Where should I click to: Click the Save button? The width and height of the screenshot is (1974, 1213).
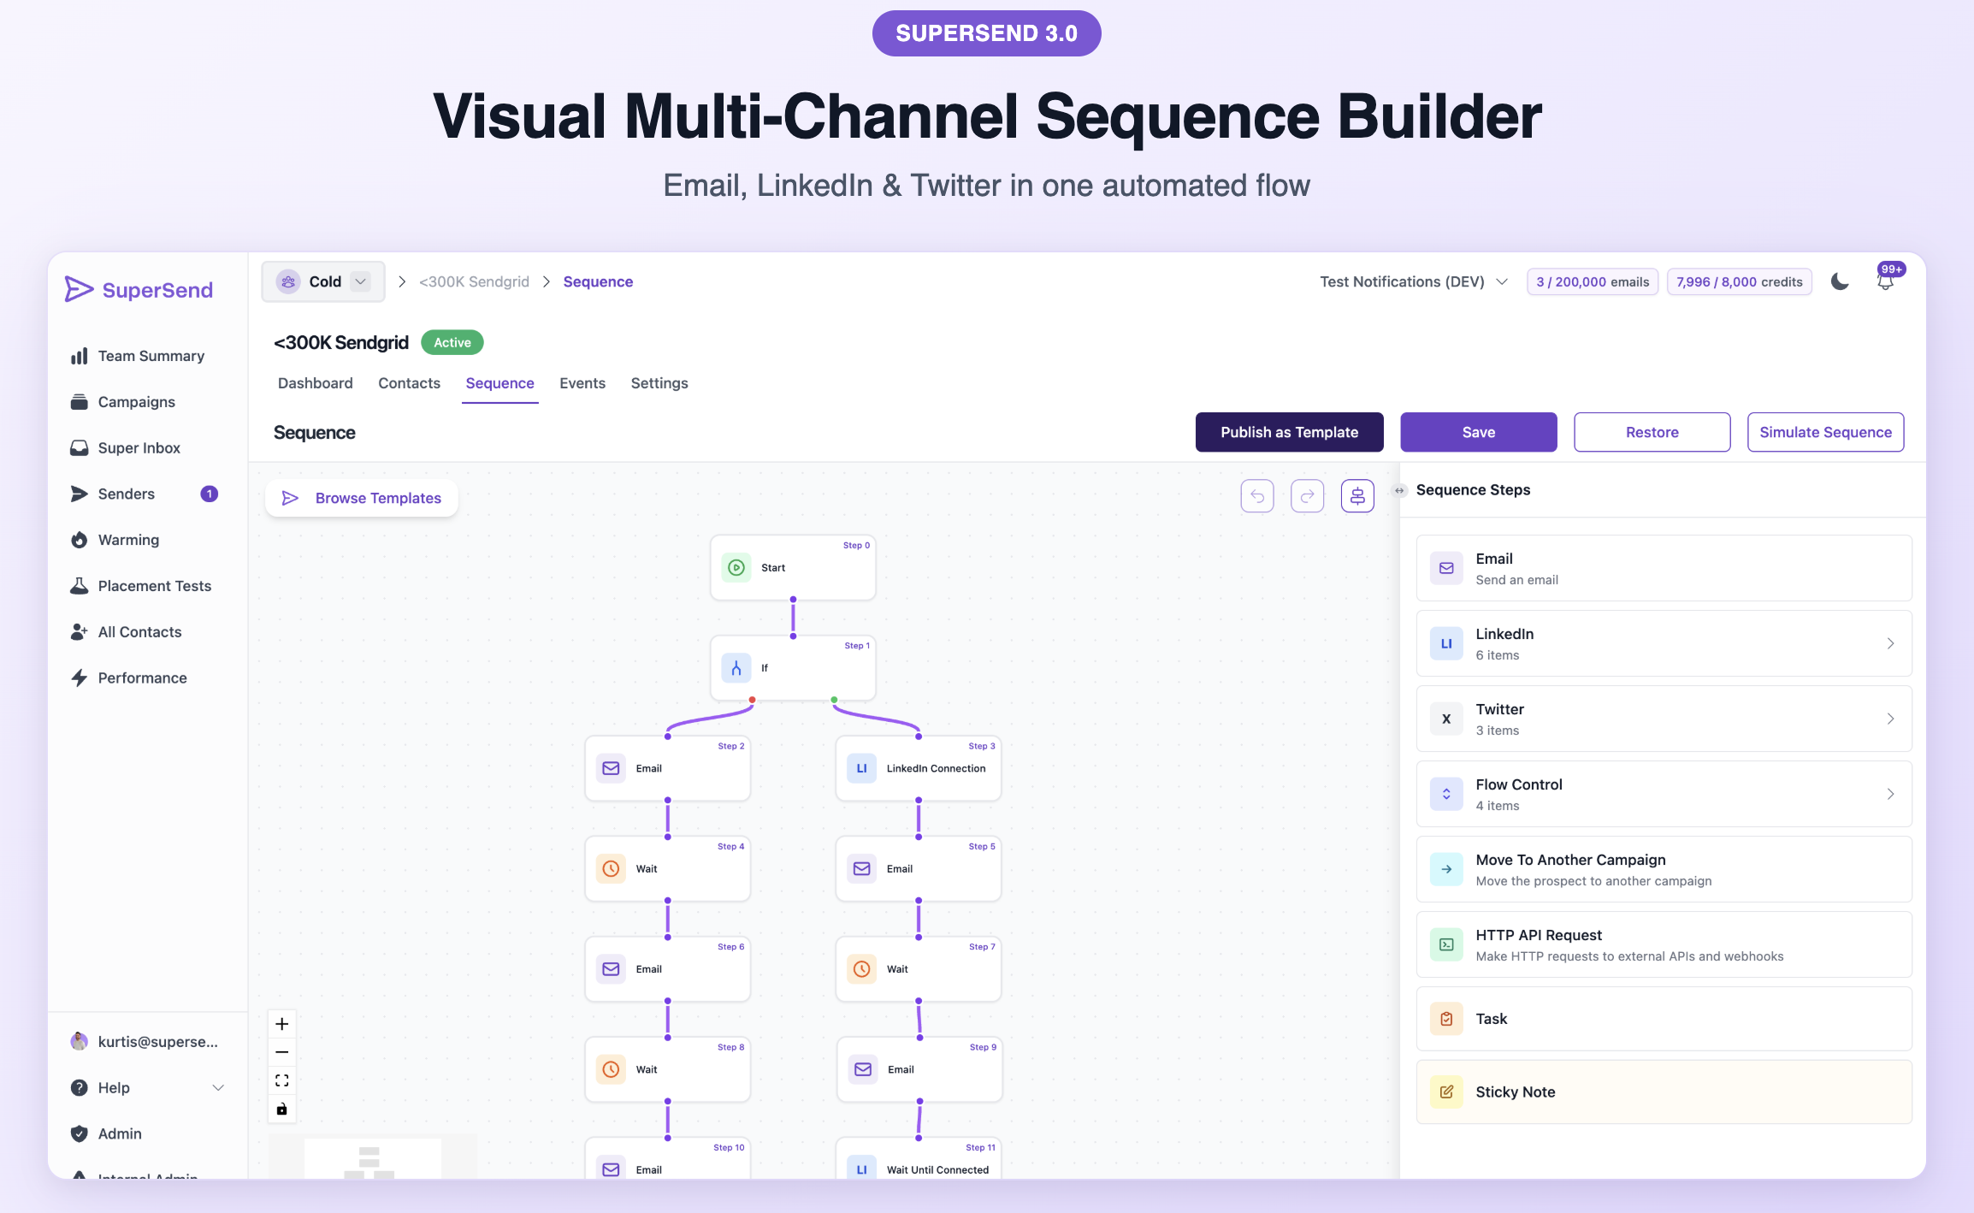click(x=1478, y=432)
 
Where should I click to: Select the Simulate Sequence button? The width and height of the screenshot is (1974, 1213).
click(x=1825, y=432)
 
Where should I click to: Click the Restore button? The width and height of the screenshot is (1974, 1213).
click(x=1652, y=432)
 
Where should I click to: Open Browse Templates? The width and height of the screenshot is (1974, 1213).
click(x=362, y=498)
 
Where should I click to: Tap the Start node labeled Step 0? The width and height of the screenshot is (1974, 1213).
click(x=792, y=568)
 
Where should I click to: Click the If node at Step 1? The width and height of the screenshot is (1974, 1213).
click(x=792, y=668)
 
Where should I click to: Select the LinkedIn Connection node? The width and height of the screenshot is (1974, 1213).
click(x=918, y=768)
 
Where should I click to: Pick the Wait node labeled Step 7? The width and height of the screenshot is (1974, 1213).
click(x=918, y=969)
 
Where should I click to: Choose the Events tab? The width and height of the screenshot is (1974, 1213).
click(x=582, y=383)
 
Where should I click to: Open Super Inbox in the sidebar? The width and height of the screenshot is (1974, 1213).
click(x=139, y=448)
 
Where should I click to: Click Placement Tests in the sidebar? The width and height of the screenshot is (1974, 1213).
click(x=154, y=586)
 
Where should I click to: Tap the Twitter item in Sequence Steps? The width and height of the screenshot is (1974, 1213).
click(x=1663, y=719)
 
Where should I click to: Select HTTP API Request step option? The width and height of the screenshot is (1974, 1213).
click(x=1663, y=944)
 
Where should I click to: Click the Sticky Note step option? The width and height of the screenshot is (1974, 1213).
click(x=1663, y=1092)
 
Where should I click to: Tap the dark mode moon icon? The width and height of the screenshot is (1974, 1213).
click(x=1840, y=281)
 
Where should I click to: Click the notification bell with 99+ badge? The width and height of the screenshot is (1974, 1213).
click(x=1885, y=281)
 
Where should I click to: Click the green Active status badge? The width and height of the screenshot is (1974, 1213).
click(x=452, y=342)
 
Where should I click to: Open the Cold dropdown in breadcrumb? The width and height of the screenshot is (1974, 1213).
click(x=323, y=281)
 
